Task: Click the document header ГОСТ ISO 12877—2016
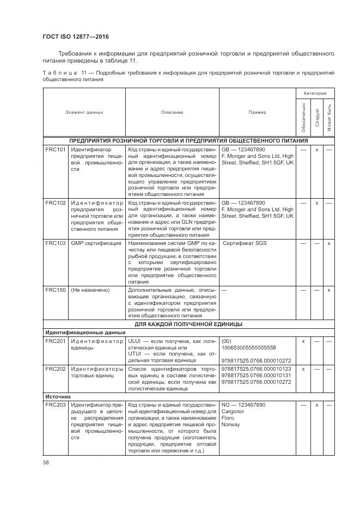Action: [x=76, y=36]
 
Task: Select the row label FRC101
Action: [x=55, y=149]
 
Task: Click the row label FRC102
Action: [x=55, y=203]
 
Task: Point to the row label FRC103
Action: [x=55, y=243]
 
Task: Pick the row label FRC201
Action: [x=55, y=341]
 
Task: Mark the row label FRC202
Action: [x=55, y=369]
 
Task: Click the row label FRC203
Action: [x=55, y=405]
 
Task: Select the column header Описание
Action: [x=172, y=112]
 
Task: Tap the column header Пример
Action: [x=257, y=112]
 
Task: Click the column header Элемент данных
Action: [x=84, y=112]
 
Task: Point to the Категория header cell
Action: [x=315, y=93]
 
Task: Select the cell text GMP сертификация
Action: [x=96, y=243]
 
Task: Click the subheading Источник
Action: [x=58, y=397]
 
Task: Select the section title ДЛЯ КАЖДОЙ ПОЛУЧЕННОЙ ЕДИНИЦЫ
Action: [x=188, y=324]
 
